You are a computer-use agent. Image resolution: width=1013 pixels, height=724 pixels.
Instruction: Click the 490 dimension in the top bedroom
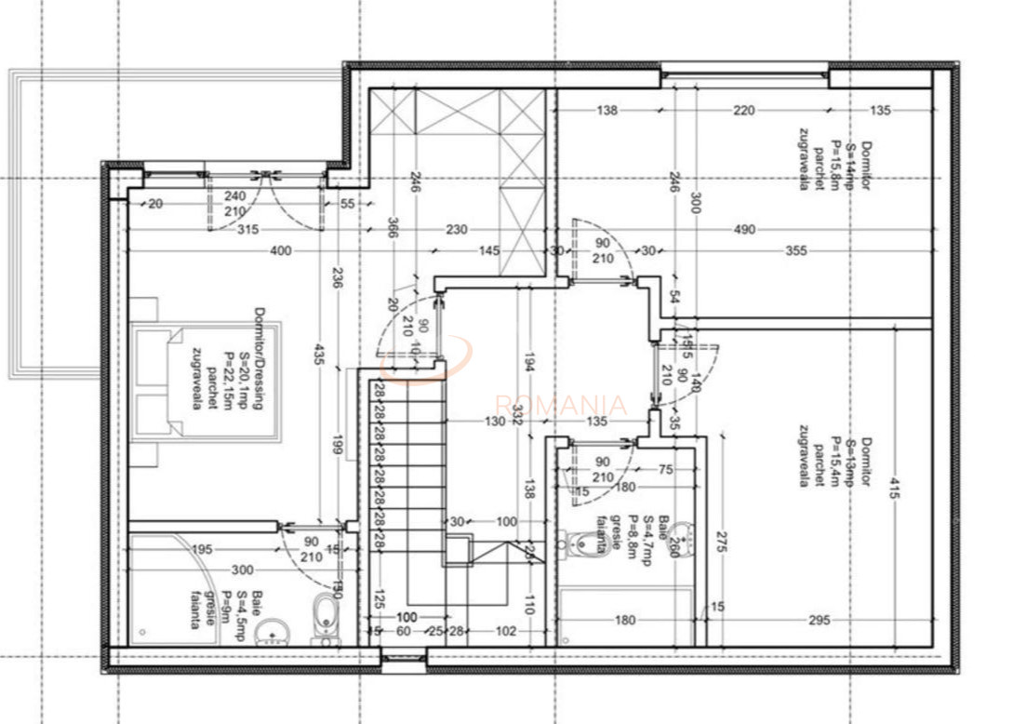743,230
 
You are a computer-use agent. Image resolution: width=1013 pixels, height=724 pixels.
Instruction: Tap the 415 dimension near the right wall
894,490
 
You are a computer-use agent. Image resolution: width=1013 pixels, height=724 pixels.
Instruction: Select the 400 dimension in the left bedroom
281,250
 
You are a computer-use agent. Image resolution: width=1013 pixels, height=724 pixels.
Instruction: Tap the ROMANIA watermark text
561,406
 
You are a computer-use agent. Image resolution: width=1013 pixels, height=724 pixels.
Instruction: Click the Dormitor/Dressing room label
260,358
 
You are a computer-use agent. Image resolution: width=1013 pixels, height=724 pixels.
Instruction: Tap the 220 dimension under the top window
743,111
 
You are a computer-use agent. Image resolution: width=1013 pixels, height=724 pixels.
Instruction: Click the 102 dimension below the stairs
506,631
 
